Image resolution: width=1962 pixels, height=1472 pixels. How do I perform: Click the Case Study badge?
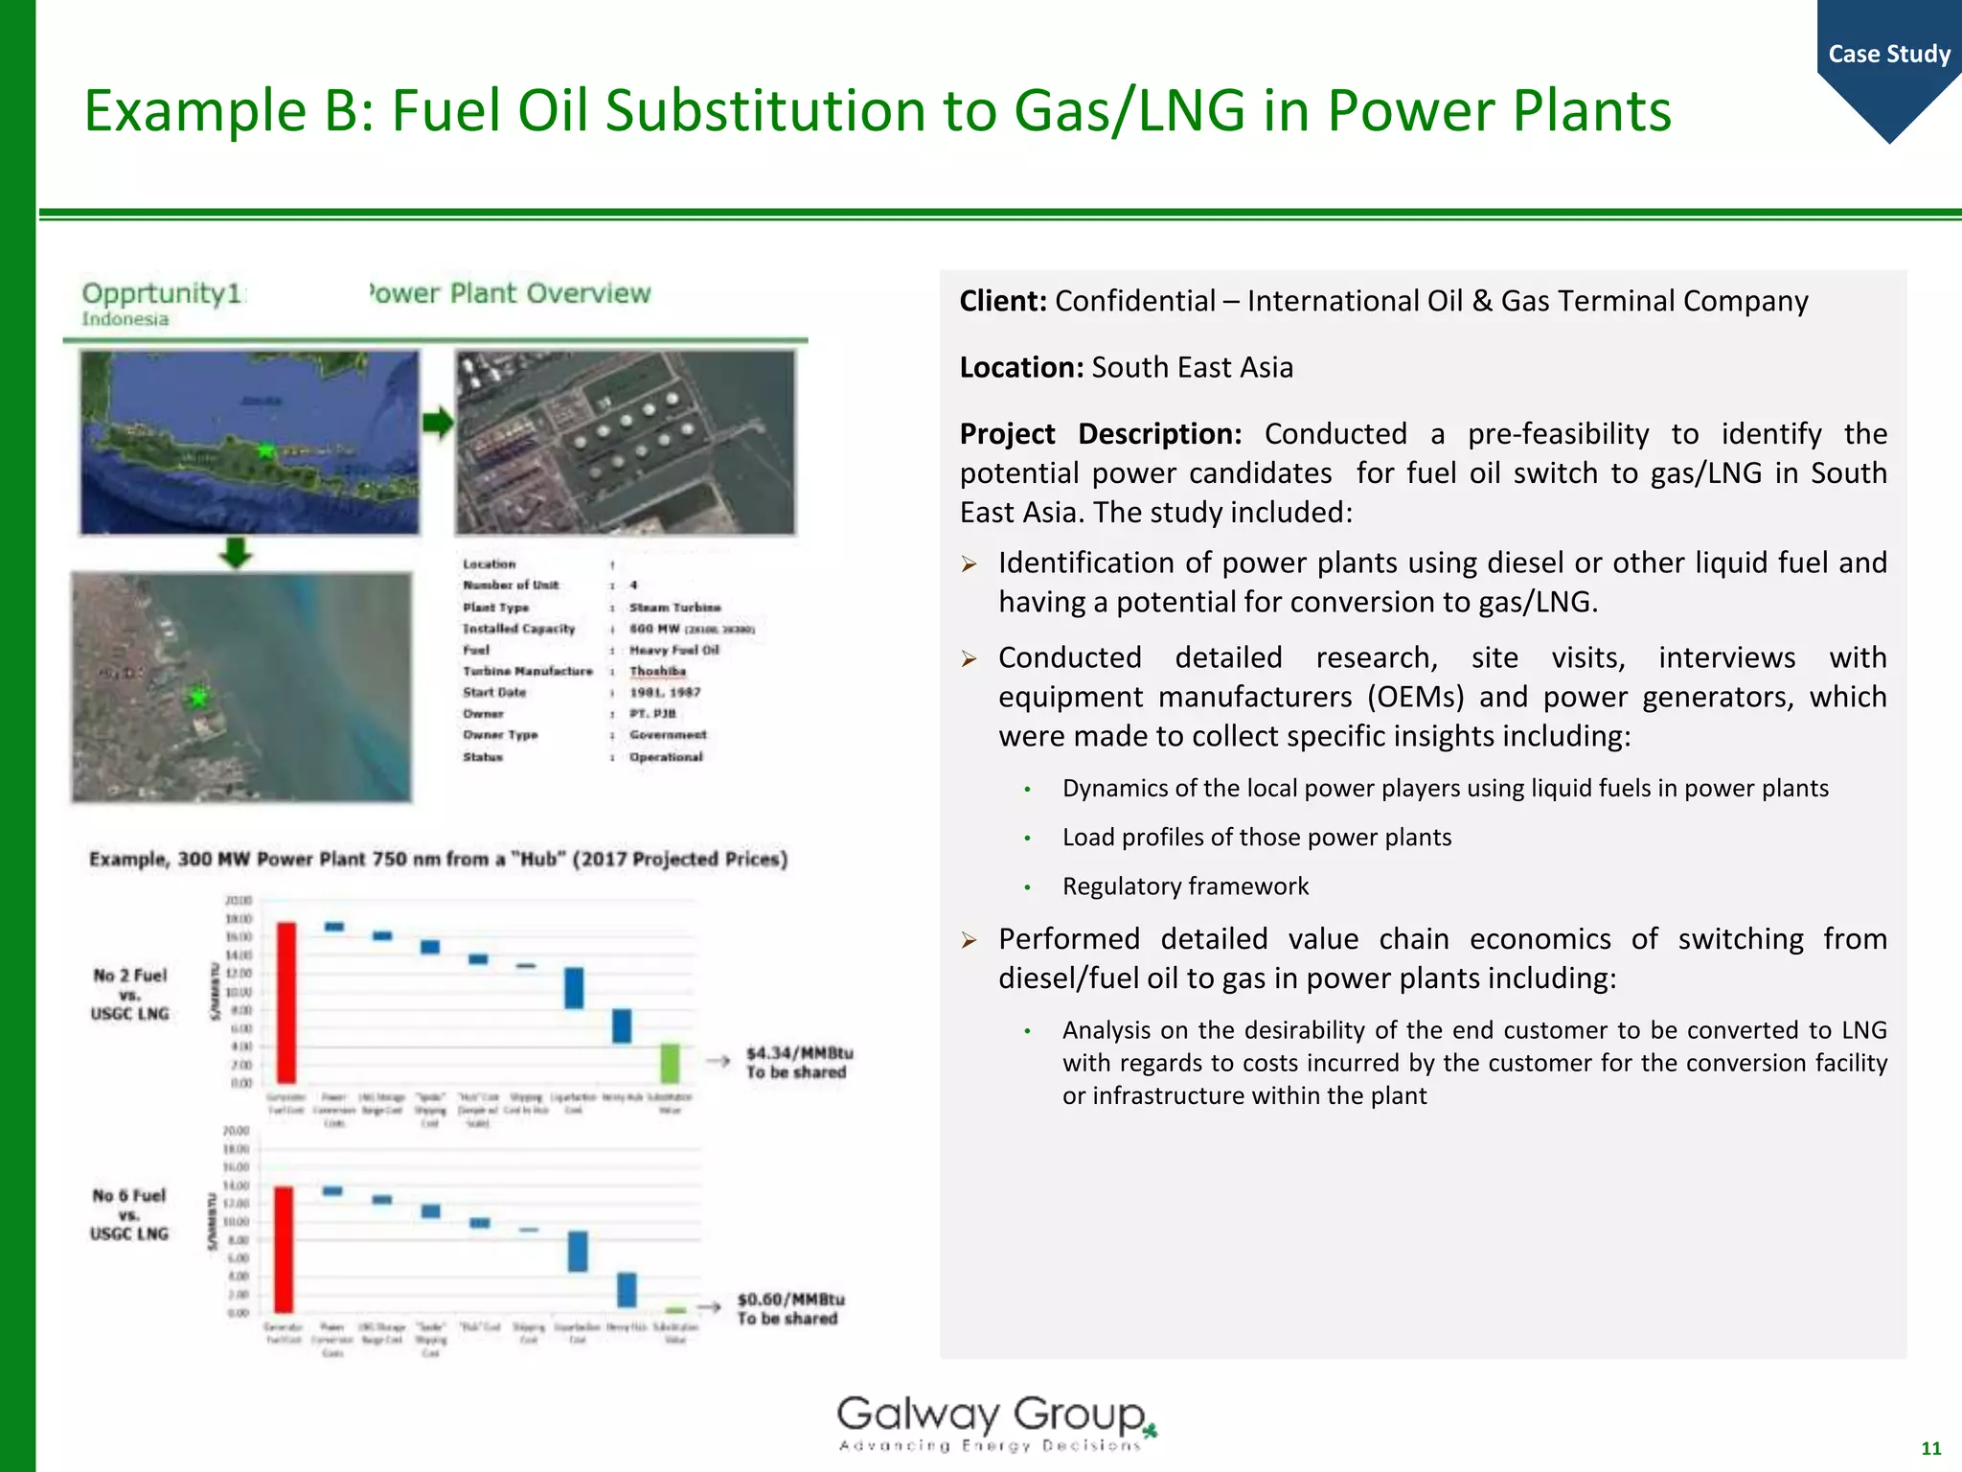(x=1888, y=55)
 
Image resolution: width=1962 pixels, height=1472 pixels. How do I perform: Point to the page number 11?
(x=1930, y=1448)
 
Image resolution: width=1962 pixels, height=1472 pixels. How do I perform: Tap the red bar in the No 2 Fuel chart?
(x=285, y=1002)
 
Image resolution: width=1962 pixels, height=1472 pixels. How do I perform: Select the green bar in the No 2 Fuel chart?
(x=671, y=1063)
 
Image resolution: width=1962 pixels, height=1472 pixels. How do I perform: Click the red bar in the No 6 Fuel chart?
(x=284, y=1249)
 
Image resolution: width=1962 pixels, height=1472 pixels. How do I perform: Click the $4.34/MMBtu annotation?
(x=799, y=1062)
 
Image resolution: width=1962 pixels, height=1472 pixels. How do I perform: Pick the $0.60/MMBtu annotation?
(x=790, y=1308)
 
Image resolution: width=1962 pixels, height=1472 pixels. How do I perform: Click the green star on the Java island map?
(x=265, y=449)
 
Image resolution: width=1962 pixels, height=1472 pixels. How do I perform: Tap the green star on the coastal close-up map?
(x=198, y=697)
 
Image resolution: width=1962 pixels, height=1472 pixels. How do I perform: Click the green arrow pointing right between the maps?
(x=438, y=423)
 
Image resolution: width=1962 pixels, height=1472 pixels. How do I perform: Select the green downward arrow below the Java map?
(x=236, y=553)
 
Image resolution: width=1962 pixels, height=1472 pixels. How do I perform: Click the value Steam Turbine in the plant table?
(x=674, y=607)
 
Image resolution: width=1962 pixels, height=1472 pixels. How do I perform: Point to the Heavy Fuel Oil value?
(x=673, y=650)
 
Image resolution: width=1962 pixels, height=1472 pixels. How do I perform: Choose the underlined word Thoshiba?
(x=657, y=671)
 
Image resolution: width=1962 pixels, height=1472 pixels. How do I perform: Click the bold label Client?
(x=1003, y=301)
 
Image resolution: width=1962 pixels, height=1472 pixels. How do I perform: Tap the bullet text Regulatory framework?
(x=1185, y=885)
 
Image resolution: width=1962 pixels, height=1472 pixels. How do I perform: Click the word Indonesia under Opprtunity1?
(x=125, y=319)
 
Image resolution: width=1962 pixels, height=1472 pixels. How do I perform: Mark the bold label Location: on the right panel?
(x=1021, y=367)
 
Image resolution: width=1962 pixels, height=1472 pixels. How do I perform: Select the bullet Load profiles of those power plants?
(x=1256, y=837)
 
